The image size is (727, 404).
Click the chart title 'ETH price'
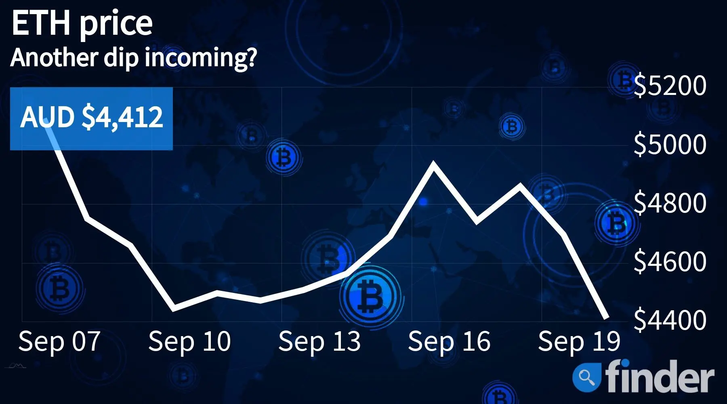point(82,23)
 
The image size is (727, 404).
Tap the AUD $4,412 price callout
point(91,118)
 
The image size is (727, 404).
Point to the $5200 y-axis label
point(670,85)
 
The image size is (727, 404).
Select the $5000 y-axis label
point(670,144)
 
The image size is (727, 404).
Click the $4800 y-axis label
point(670,203)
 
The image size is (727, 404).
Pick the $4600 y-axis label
point(670,261)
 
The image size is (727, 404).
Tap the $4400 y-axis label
point(670,320)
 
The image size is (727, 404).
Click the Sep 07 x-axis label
point(59,341)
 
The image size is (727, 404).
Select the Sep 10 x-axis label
point(189,341)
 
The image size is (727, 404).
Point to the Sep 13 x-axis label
point(319,341)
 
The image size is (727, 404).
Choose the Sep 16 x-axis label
point(449,341)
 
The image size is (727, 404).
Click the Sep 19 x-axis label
point(579,341)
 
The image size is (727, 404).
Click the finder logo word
point(660,376)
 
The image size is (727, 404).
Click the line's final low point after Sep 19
point(607,318)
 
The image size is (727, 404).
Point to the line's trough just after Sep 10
point(174,309)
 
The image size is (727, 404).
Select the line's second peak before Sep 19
point(520,186)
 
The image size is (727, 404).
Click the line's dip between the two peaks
point(477,221)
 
